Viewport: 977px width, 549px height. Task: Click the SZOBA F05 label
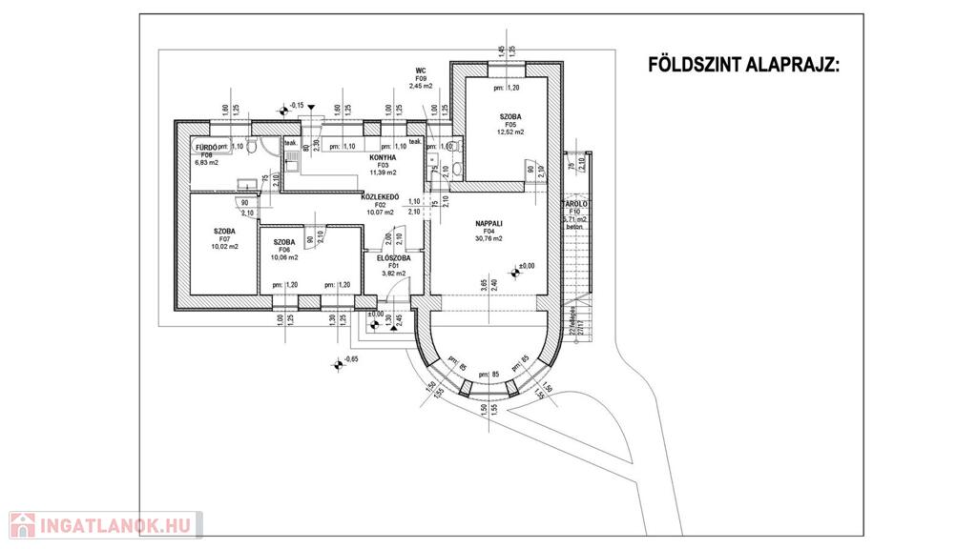pos(508,116)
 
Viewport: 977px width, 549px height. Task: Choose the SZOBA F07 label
pos(225,232)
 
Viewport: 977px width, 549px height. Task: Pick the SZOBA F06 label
pos(284,242)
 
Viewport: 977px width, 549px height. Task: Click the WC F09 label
pos(420,71)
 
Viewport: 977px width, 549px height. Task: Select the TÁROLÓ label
pos(572,204)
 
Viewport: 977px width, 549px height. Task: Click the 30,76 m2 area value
pos(488,238)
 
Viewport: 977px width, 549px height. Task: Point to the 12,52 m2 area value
pos(508,132)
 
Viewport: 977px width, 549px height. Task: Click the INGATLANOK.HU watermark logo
pos(106,525)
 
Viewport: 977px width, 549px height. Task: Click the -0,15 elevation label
pos(297,105)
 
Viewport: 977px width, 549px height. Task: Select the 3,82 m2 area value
pos(393,274)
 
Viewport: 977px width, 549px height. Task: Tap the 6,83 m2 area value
pos(206,163)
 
